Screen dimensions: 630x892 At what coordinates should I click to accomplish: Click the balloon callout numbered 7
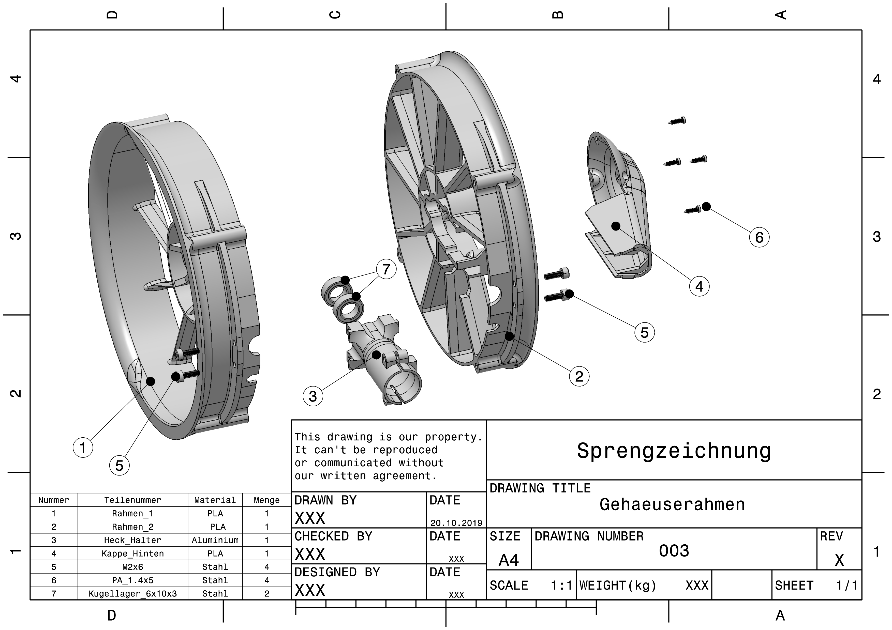pos(386,269)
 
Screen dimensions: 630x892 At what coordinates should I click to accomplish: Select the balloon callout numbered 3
pos(313,396)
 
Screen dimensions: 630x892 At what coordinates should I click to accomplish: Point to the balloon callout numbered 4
pos(699,286)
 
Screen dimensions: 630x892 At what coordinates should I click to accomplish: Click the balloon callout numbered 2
pos(579,376)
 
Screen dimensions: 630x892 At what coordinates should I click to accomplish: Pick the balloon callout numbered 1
pos(83,448)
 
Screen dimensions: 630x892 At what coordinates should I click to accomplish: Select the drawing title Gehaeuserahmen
pos(672,504)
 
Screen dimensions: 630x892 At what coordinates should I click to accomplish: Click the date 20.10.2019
pos(456,523)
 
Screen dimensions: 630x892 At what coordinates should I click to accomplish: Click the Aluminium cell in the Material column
pos(215,540)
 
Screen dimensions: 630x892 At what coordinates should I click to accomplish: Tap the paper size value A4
pos(509,560)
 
